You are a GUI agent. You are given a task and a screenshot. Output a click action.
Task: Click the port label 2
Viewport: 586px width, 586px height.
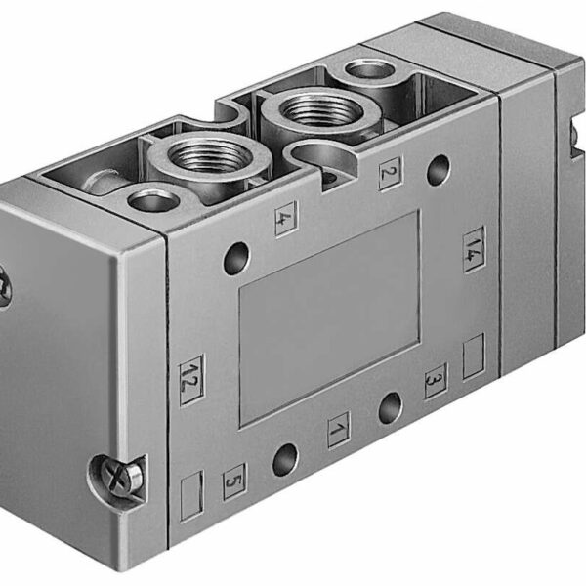click(389, 173)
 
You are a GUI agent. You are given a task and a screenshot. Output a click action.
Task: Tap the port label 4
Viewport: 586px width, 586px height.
click(285, 218)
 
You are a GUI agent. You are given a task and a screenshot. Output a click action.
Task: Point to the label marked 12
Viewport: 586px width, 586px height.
click(191, 373)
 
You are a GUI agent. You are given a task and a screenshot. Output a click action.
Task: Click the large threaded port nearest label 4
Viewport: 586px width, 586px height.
click(207, 155)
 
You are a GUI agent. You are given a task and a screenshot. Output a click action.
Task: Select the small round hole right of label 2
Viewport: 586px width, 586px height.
click(439, 167)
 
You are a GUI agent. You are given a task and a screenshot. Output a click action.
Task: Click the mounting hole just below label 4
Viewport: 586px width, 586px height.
click(236, 260)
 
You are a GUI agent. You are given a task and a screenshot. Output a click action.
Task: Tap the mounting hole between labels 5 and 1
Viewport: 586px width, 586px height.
click(285, 457)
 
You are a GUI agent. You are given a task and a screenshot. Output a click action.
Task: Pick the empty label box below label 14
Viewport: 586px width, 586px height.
click(474, 356)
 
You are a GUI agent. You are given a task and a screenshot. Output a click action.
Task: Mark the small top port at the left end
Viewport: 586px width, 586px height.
click(153, 201)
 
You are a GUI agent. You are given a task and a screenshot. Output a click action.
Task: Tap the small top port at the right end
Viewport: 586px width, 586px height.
click(369, 68)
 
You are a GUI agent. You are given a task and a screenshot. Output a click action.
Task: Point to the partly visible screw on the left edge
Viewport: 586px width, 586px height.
click(4, 286)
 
